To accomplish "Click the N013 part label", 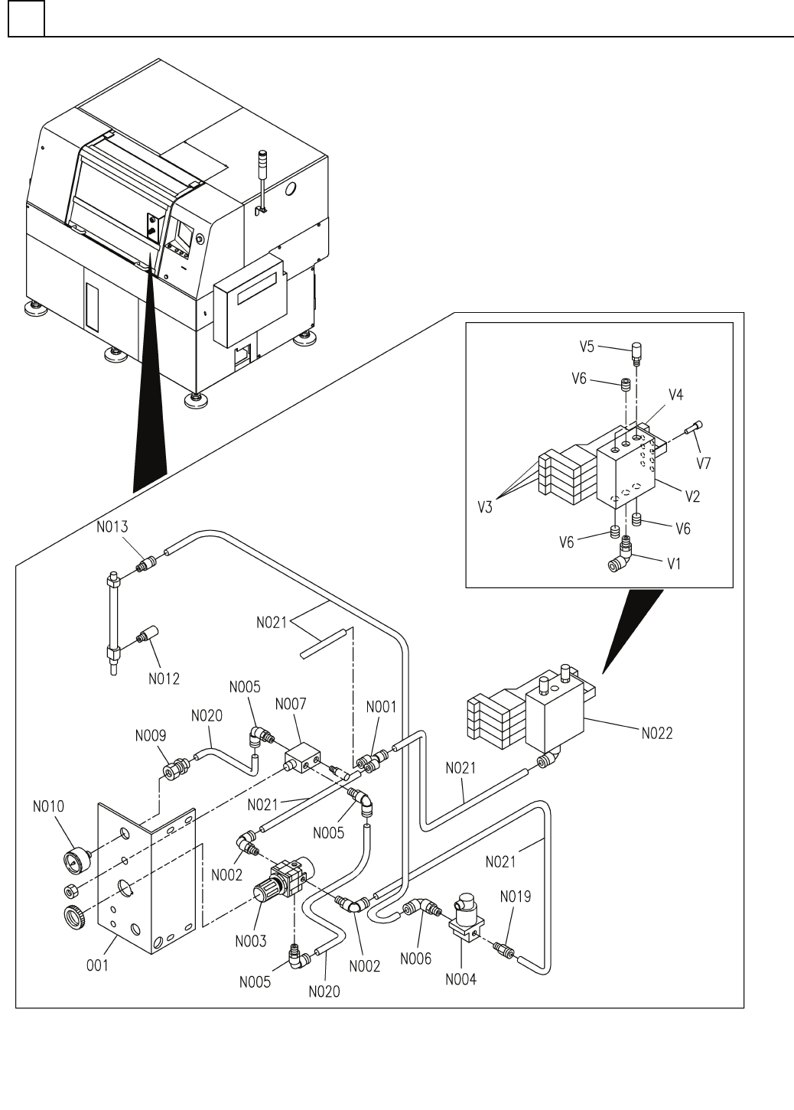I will pos(111,526).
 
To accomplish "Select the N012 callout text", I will pos(164,679).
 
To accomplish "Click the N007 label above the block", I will pos(291,703).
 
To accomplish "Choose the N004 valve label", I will pos(460,979).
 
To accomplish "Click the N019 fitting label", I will pos(516,896).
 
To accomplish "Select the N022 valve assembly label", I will pos(657,732).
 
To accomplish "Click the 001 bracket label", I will pos(96,965).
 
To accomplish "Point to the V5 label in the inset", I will pos(587,347).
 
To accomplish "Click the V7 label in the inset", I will pos(705,464).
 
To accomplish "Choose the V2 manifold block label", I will pos(692,496).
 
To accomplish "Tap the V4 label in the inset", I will pos(675,395).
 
